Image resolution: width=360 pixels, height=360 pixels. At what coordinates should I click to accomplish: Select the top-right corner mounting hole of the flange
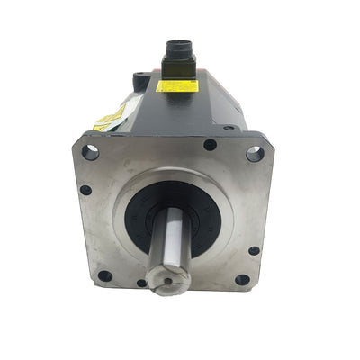point(255,154)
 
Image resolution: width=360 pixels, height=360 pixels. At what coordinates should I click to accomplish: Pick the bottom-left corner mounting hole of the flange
point(104,275)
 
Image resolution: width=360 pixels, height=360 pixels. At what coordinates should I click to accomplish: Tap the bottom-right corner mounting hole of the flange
point(242,279)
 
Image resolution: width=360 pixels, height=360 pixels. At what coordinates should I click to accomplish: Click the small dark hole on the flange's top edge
point(210,144)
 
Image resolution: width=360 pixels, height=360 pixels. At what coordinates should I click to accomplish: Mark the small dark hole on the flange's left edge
point(85,190)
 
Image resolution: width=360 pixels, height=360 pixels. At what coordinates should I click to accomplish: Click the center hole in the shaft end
point(167,283)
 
